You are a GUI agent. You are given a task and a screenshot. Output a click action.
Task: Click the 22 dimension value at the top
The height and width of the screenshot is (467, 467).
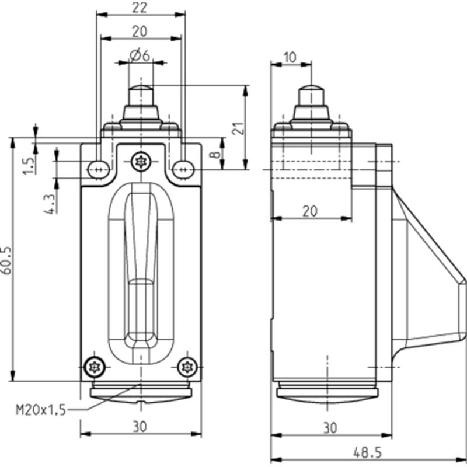tap(140, 8)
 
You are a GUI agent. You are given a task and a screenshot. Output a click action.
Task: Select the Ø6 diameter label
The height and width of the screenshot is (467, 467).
tap(140, 55)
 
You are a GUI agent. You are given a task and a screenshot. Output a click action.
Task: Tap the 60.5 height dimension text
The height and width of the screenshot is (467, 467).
tap(6, 260)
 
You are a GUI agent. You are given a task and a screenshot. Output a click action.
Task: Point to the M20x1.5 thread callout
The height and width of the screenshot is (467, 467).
tap(40, 410)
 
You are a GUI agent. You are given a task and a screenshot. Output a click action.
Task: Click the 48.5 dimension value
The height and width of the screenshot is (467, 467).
tap(367, 453)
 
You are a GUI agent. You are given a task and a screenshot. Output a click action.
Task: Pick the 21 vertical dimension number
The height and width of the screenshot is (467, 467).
tap(238, 128)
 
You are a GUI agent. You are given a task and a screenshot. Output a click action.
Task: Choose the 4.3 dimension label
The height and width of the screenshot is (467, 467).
tap(50, 204)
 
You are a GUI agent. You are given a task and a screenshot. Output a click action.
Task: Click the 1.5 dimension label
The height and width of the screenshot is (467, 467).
tap(29, 166)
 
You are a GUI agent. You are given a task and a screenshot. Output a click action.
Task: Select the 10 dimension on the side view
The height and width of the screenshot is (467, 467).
tap(290, 57)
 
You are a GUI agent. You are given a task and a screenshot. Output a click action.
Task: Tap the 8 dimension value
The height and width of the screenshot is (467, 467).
tap(217, 155)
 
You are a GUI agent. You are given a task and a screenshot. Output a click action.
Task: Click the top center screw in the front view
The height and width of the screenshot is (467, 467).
tap(141, 162)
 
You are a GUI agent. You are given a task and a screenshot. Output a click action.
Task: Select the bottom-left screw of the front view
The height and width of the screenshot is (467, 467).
tap(95, 367)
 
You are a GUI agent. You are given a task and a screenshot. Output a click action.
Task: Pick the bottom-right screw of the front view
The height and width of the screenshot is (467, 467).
tap(187, 367)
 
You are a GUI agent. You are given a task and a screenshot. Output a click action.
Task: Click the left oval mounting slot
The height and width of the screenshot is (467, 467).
tap(99, 170)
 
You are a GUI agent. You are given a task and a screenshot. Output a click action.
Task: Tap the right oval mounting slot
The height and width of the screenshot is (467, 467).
tap(183, 170)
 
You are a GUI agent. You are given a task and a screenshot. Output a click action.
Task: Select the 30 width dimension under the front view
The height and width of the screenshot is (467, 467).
tap(140, 427)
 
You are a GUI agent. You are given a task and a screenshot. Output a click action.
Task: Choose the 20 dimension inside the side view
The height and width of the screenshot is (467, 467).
tap(310, 212)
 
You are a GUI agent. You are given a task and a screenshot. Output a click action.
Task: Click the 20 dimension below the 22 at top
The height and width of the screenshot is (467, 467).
tap(140, 32)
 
